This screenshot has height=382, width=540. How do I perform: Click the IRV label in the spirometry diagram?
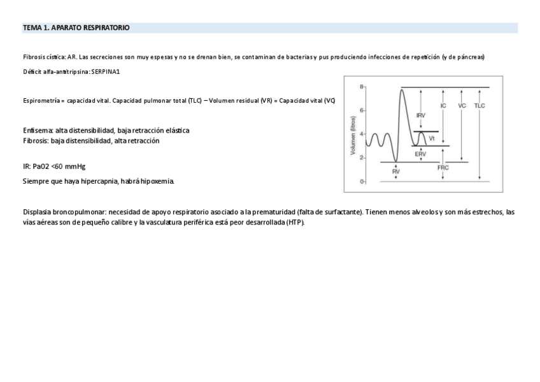tap(421, 115)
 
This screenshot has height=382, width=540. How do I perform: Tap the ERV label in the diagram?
tap(420, 154)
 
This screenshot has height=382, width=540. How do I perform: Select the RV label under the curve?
tap(395, 172)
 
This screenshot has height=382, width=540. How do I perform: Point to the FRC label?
tap(443, 168)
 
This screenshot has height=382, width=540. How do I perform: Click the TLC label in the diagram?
tap(480, 106)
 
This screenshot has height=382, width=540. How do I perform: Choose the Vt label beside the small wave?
tap(432, 138)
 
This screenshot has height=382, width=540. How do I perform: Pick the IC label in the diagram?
tap(443, 106)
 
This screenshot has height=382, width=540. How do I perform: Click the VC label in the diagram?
tap(462, 106)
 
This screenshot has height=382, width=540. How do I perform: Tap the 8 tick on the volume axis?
tap(361, 86)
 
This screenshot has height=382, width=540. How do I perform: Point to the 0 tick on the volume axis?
tap(361, 182)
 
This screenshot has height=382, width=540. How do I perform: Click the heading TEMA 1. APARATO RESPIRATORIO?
tap(76, 28)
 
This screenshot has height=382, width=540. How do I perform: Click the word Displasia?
tap(36, 212)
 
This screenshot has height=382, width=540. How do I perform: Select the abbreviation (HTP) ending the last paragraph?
tap(295, 223)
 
